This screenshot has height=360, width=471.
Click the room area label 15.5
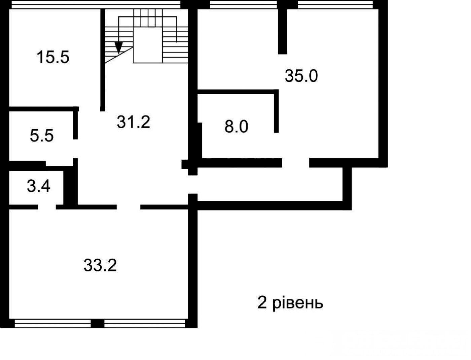[x=53, y=57]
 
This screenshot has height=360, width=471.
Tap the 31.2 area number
[x=133, y=122]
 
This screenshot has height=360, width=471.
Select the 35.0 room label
[x=301, y=76]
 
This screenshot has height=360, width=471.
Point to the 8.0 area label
[x=236, y=127]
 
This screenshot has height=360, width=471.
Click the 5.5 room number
[x=42, y=135]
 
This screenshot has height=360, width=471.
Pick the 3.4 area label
[x=39, y=186]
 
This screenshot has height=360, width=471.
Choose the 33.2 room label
[x=100, y=265]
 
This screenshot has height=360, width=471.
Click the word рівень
[x=298, y=303]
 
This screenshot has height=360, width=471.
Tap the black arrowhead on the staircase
[x=119, y=47]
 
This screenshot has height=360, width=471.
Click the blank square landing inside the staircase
[x=148, y=45]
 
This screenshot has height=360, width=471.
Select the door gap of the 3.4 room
[x=47, y=207]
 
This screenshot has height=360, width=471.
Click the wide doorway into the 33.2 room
[x=129, y=207]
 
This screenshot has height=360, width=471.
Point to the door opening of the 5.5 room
[x=75, y=149]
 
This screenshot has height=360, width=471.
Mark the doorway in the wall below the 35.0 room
[x=295, y=163]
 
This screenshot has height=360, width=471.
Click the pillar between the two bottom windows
[x=98, y=324]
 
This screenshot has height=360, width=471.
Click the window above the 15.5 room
[x=96, y=4]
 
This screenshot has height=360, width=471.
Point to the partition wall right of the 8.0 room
[x=277, y=111]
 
